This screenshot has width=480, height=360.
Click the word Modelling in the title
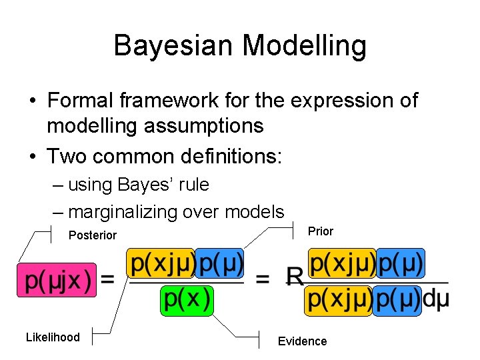click(x=305, y=46)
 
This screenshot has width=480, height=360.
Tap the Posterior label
click(x=92, y=235)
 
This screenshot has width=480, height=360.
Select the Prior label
click(x=321, y=231)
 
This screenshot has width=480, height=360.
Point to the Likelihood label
click(x=53, y=337)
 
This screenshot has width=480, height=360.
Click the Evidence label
click(x=302, y=341)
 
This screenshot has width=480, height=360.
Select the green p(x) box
click(x=187, y=299)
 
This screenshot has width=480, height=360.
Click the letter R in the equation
click(x=295, y=277)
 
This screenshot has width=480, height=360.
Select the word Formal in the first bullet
click(x=81, y=101)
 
